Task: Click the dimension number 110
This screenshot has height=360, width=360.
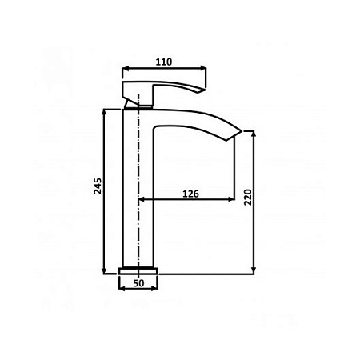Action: [164, 62]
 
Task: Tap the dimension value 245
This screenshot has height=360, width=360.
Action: [98, 186]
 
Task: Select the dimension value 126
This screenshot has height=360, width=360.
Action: [190, 194]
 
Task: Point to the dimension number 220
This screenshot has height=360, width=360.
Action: [248, 197]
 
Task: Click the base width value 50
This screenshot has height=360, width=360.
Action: [138, 283]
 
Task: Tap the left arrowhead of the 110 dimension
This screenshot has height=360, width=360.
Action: [125, 69]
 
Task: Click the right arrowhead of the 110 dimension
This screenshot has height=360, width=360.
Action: [203, 69]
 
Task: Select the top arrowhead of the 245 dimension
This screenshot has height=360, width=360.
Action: [105, 112]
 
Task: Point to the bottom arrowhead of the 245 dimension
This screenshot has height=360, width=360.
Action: [105, 270]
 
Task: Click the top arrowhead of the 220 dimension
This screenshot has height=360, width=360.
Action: [254, 134]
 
